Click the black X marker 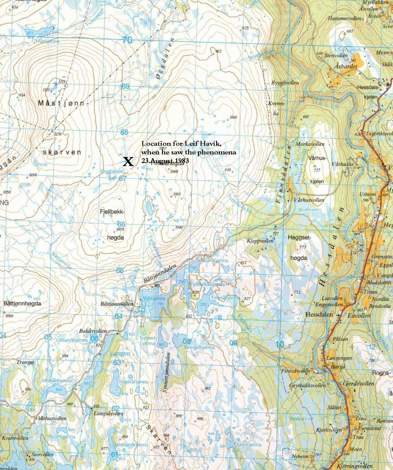click(128, 162)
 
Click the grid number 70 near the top click(127, 40)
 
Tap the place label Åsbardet click(345, 66)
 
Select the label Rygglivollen click(285, 83)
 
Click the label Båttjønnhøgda click(22, 304)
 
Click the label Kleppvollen click(260, 241)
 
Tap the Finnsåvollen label click(296, 371)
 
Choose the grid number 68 click(124, 132)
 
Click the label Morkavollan click(310, 144)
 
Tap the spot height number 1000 click(233, 117)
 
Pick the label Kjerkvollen click(329, 430)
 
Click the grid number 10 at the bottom click(280, 344)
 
